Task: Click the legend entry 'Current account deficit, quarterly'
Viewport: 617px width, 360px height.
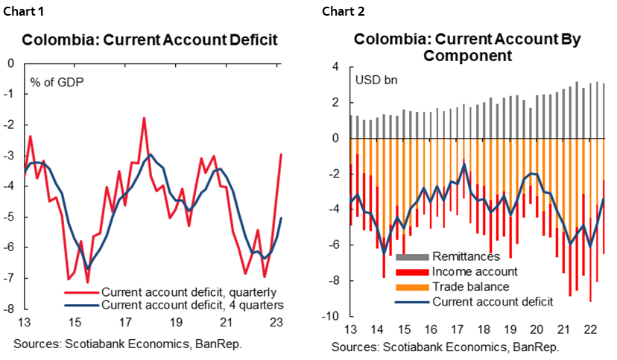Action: click(x=189, y=291)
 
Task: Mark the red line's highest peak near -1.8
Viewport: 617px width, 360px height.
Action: click(x=143, y=118)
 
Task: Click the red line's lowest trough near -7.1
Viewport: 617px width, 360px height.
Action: click(x=87, y=282)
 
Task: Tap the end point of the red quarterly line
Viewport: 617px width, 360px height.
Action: click(x=281, y=154)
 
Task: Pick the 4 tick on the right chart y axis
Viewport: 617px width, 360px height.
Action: click(x=335, y=67)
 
